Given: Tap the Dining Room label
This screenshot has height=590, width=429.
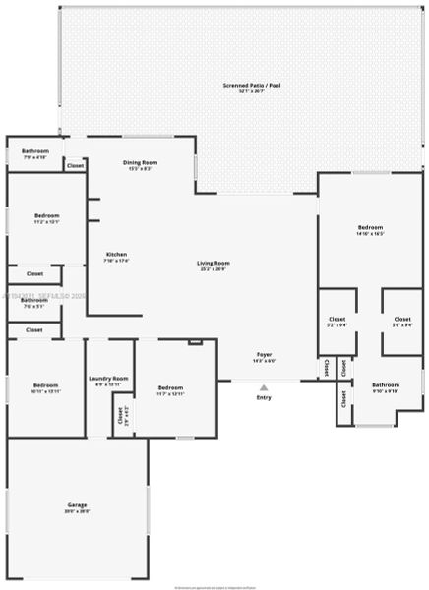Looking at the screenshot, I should click(139, 164).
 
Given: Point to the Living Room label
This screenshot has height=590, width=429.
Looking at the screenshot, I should click(213, 265).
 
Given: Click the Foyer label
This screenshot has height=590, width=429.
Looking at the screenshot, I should click(264, 356).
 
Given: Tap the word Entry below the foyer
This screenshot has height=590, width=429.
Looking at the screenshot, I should click(264, 397).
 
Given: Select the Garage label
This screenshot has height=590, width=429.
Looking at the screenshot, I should click(77, 506).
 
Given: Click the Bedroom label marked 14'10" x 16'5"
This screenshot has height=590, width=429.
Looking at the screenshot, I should click(370, 230).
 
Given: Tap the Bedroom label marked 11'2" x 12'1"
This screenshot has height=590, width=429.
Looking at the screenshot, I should click(47, 217).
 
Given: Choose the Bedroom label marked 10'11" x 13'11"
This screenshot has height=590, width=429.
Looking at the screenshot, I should click(46, 386).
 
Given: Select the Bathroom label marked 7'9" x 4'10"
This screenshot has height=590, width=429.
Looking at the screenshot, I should click(34, 153).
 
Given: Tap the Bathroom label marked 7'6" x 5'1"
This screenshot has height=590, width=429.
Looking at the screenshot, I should click(34, 302).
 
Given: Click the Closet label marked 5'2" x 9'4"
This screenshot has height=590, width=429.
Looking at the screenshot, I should click(337, 322).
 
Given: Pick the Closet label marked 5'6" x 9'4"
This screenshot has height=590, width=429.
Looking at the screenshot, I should click(401, 322).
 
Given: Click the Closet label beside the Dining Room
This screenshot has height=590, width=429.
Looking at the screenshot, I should click(75, 166).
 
